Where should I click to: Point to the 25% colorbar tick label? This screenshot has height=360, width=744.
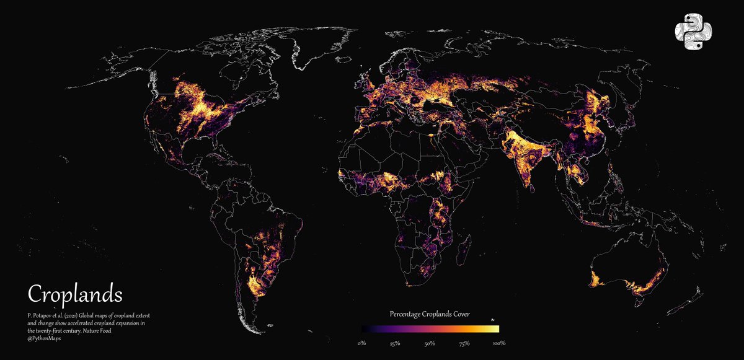[395, 343]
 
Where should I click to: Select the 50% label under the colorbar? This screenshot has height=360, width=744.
[430, 343]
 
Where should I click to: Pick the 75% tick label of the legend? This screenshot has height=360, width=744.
[464, 343]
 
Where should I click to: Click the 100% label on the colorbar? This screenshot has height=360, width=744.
[498, 343]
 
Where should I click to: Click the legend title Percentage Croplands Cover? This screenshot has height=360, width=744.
[429, 314]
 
